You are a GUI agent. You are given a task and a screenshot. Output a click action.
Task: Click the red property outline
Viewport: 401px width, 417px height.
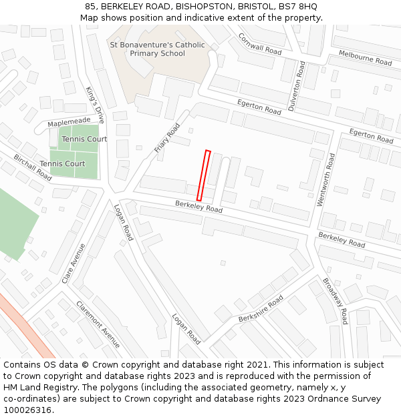point(204,175)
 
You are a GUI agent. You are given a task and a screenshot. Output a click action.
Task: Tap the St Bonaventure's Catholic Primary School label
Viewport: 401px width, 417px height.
point(157,49)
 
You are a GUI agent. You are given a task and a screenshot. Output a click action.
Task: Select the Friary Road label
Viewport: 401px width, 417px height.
point(168,138)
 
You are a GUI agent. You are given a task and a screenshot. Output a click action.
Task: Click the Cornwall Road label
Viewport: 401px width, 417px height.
point(260,44)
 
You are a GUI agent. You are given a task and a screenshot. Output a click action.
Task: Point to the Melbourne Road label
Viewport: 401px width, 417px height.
point(365,57)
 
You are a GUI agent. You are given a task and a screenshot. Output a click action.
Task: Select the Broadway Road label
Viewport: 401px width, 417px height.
point(336,301)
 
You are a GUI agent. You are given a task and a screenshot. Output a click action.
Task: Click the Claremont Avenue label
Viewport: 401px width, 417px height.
point(98,324)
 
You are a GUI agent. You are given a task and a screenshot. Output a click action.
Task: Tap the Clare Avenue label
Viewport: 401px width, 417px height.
point(74,263)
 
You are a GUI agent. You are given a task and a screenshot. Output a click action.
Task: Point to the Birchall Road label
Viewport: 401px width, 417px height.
point(33,167)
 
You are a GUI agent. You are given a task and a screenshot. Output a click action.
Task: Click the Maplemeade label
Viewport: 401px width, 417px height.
point(69,122)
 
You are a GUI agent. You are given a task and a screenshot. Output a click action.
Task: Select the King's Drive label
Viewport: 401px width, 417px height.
point(96,105)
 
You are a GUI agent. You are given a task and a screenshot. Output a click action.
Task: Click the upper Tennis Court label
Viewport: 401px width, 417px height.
point(84,139)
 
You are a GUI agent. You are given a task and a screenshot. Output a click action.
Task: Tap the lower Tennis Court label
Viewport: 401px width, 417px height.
point(62,163)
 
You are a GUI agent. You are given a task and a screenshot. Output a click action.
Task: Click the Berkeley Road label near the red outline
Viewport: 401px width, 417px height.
point(198,207)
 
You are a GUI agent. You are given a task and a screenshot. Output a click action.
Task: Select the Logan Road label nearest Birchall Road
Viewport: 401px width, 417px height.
point(124,223)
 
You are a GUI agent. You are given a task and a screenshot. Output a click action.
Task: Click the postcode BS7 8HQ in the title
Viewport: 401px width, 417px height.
point(299,7)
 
